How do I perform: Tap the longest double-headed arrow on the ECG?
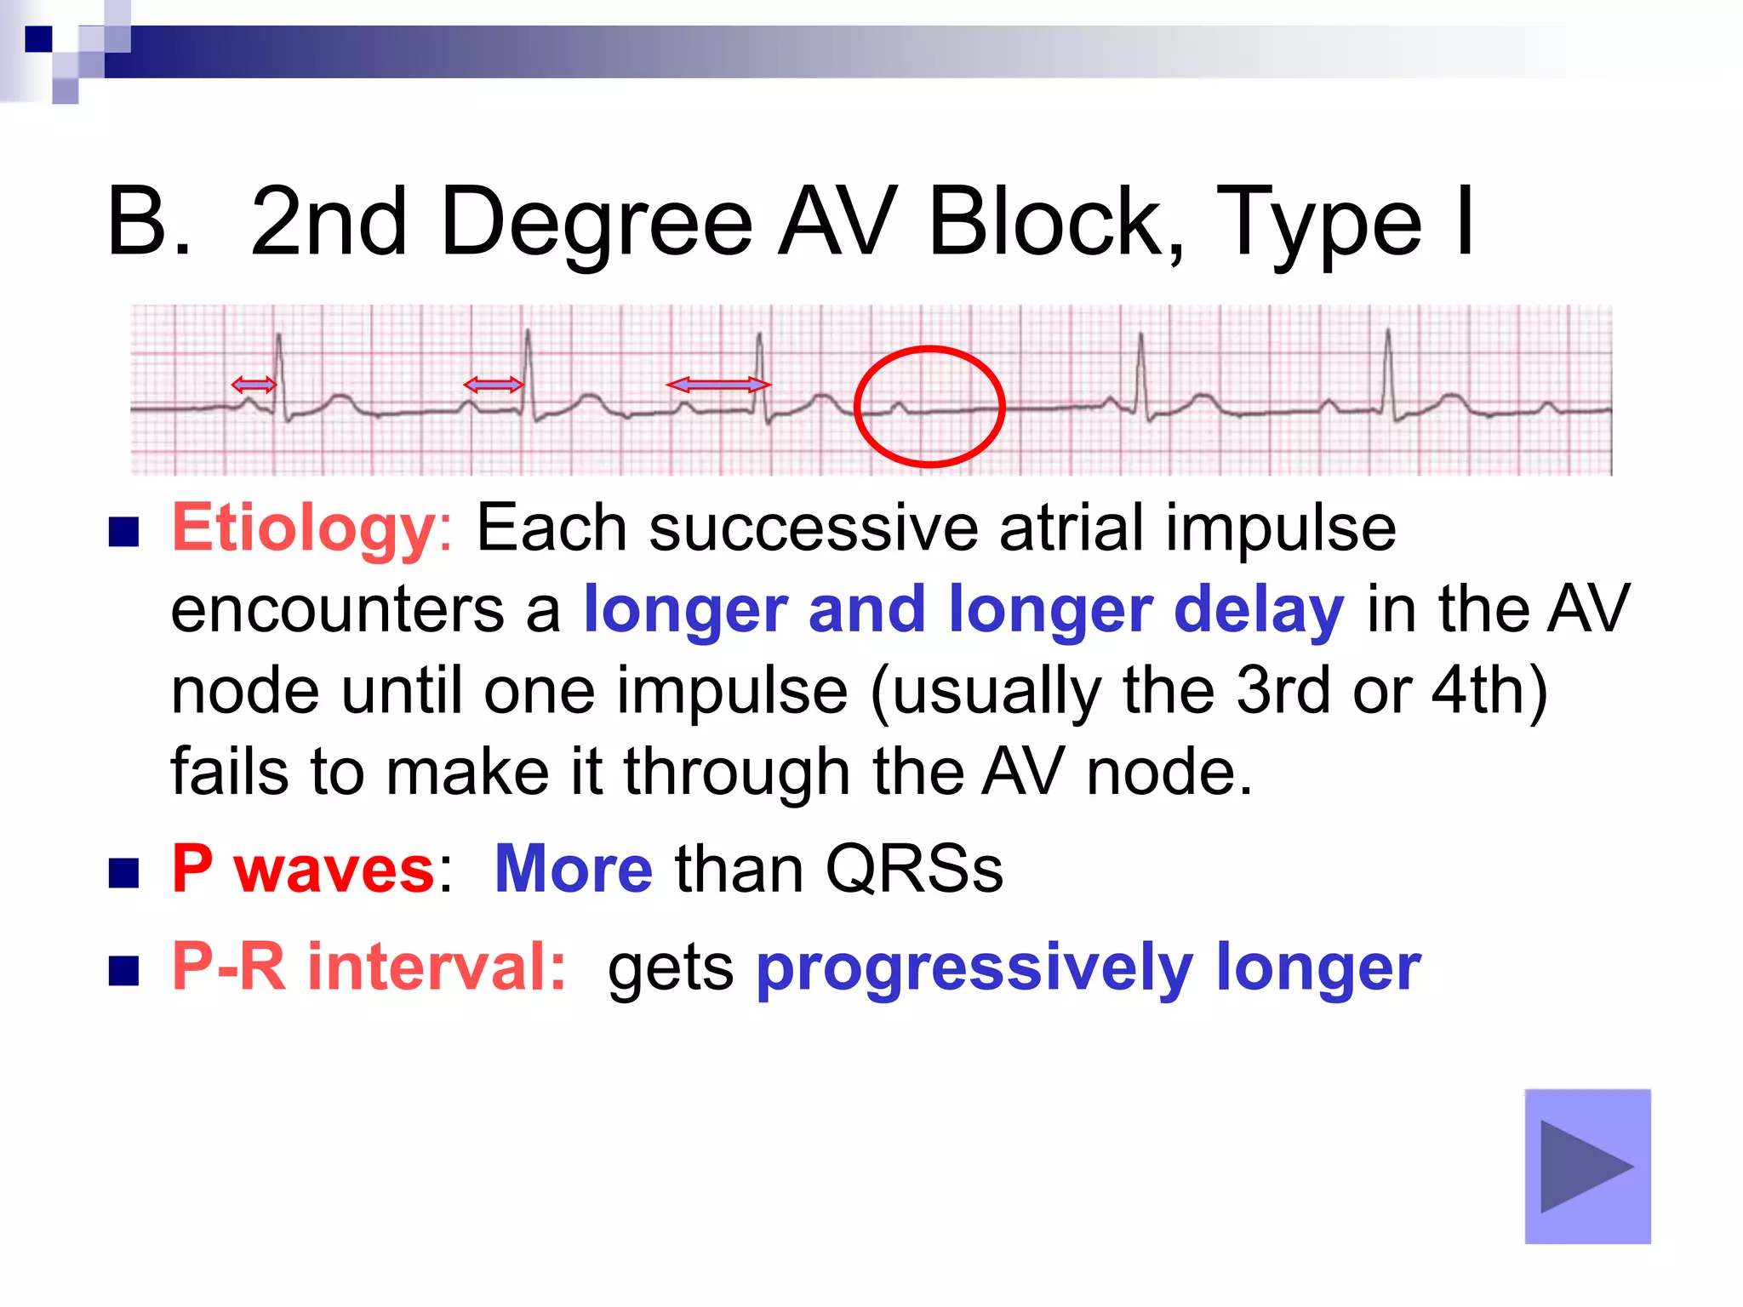coord(718,385)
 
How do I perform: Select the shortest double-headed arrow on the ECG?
coord(254,385)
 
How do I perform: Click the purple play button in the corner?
coord(1587,1166)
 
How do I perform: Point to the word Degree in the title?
coord(596,223)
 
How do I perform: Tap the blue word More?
coord(574,870)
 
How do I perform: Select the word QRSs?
coord(914,870)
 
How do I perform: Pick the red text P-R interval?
coord(369,967)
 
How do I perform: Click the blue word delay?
coord(1259,610)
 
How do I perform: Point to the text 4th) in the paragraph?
coord(1489,691)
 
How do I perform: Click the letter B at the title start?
coord(138,223)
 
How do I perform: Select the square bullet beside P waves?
coord(124,872)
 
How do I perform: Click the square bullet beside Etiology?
coord(124,532)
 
